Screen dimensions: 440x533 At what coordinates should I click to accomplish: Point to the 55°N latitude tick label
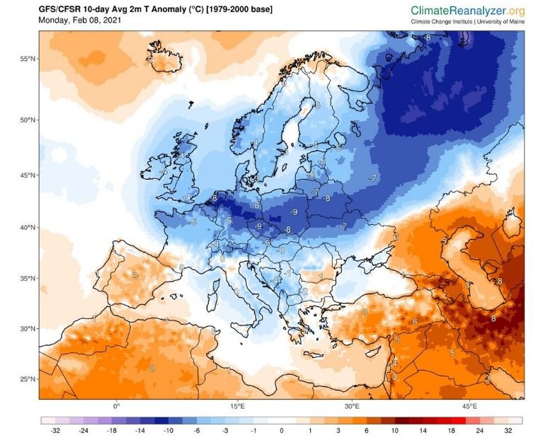coord(28,59)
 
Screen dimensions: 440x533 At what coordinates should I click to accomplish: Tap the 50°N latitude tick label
coord(28,120)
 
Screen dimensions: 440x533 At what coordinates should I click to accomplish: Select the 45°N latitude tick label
coord(28,175)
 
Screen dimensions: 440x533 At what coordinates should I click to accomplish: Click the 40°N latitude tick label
coord(28,228)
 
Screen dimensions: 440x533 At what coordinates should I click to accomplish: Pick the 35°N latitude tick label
coord(28,279)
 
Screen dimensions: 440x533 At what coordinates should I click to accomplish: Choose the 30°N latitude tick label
coord(28,329)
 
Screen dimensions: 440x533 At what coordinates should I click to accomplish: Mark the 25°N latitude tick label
coord(28,379)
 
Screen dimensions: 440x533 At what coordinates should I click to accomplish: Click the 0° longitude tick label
coord(117,407)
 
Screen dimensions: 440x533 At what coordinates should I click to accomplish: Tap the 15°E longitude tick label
coord(237,407)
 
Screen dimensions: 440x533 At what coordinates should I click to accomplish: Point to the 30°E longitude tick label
coord(353,407)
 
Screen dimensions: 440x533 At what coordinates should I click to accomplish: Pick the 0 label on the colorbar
coord(282,429)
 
